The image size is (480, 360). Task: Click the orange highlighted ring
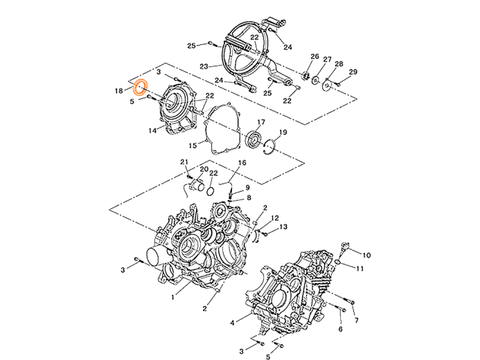(141, 87)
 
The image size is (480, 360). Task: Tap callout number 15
(191, 145)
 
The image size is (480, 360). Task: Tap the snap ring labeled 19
(269, 146)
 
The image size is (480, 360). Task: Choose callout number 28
(204, 67)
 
